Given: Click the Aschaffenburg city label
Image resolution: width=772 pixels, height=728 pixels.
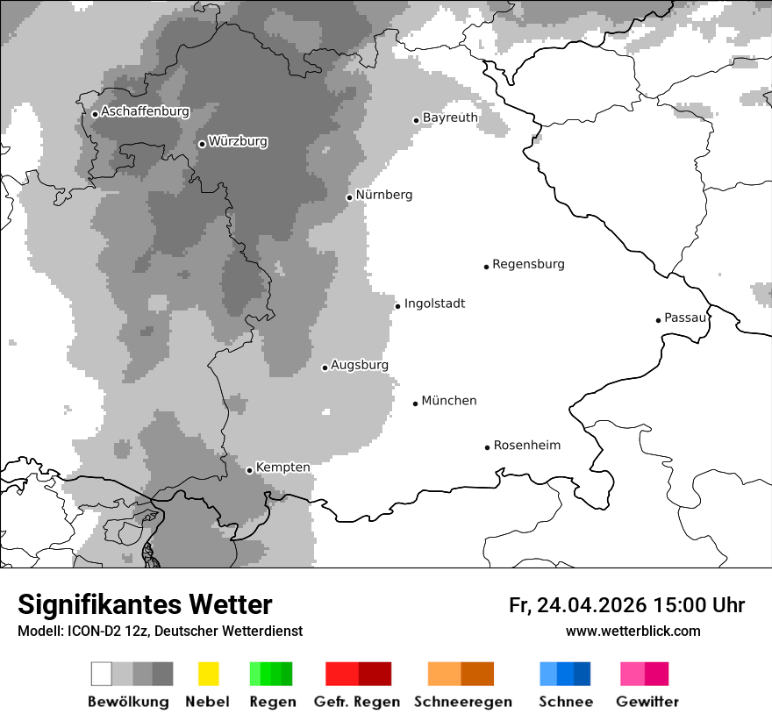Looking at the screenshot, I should click(145, 111).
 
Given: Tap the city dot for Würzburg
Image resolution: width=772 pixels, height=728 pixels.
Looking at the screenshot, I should click(202, 144).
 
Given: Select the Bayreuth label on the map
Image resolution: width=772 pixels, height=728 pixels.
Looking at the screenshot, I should click(450, 118).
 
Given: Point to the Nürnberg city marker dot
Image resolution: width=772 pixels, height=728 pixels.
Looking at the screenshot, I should click(349, 197).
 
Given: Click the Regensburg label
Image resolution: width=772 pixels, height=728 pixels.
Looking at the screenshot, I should click(528, 264).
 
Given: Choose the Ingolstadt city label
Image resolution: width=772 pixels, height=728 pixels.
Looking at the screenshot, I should click(434, 303).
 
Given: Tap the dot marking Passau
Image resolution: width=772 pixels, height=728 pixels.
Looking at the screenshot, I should click(658, 320).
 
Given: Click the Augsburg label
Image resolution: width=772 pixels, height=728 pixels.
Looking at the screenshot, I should click(360, 365).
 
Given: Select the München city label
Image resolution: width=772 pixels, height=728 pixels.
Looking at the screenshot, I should click(449, 401).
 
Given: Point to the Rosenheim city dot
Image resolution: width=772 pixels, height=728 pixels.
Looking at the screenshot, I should click(487, 447).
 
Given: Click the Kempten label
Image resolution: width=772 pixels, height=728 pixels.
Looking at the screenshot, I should click(282, 467).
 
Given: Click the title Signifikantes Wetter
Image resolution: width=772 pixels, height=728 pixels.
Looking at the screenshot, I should click(145, 604).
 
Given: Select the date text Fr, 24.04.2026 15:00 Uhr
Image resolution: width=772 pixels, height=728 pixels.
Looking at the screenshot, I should click(626, 605).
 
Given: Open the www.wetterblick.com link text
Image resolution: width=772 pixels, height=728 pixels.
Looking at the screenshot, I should click(633, 631).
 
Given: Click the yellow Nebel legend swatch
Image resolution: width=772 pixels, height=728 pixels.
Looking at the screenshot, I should click(208, 674).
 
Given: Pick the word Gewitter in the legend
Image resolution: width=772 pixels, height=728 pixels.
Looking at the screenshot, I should click(647, 702).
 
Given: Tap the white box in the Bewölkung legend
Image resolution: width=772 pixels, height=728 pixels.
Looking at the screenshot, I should click(102, 674).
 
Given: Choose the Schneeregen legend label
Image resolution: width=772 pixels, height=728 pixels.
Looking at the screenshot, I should click(462, 702).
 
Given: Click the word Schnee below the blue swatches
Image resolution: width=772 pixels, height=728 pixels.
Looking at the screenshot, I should click(565, 702).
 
